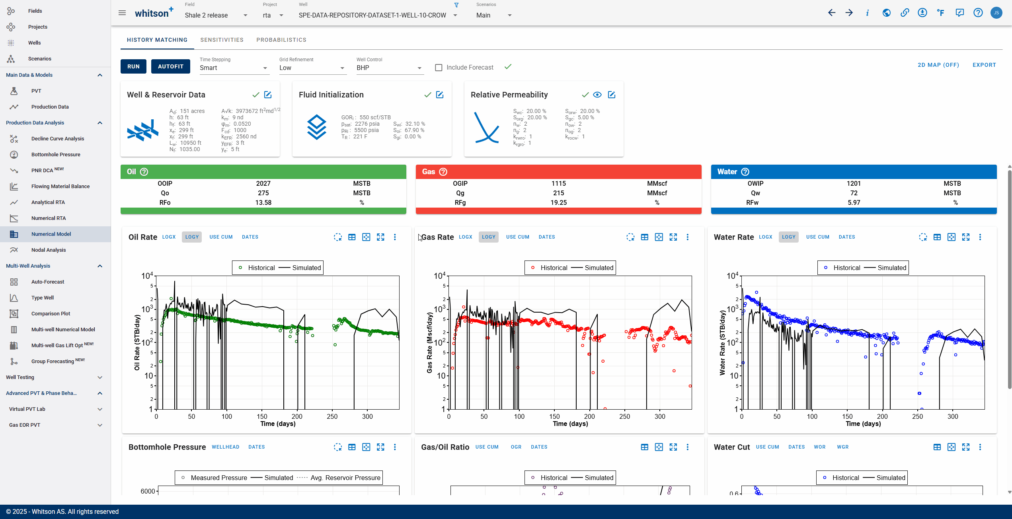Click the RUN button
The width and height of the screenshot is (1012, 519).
pos(133,66)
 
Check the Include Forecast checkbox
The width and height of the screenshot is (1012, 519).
pos(439,68)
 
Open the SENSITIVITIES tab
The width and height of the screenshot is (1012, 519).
pos(222,40)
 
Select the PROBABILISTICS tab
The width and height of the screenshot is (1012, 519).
pos(281,40)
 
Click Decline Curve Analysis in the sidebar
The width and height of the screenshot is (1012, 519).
pos(58,138)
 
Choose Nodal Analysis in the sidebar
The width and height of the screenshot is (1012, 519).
pos(49,250)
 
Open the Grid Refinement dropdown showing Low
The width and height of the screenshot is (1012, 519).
pos(312,68)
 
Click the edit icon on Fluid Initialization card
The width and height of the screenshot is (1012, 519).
pos(440,95)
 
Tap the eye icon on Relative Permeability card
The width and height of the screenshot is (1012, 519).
pos(597,95)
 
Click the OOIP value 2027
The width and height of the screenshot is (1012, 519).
pos(263,183)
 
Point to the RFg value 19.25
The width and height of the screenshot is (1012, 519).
pos(558,202)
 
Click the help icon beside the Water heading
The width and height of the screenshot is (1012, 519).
pos(745,172)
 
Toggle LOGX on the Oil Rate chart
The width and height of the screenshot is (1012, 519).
pos(169,237)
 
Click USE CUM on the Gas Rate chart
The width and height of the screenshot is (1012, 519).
pos(518,237)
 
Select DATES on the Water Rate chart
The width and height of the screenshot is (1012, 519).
pos(847,237)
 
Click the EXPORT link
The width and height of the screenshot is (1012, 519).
pos(984,65)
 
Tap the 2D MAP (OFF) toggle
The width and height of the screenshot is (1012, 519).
pos(938,65)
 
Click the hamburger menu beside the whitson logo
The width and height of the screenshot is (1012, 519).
pos(122,13)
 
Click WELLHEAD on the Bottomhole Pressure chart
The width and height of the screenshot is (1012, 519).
pos(226,447)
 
